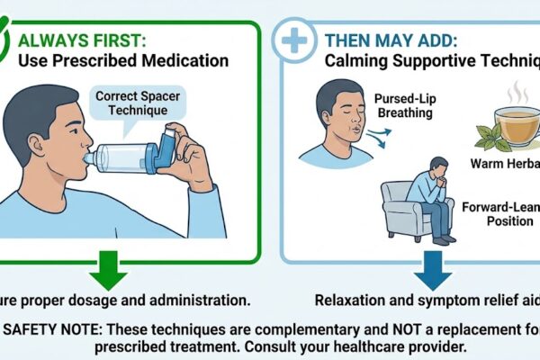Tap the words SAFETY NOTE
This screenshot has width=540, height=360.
pos(54,325)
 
